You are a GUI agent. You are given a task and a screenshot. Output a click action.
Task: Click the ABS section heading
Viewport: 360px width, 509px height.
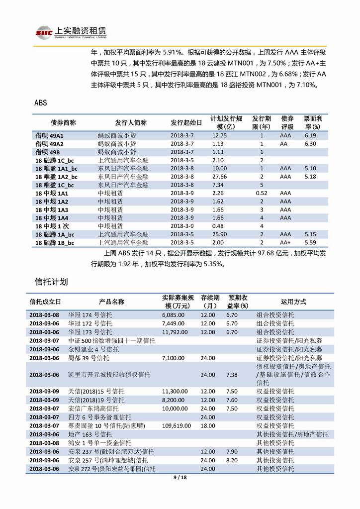[x=41, y=103]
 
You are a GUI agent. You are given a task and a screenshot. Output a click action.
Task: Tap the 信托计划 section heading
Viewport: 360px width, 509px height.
[x=51, y=282]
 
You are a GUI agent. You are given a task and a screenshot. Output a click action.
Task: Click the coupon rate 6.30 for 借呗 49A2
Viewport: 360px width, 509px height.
[x=310, y=143]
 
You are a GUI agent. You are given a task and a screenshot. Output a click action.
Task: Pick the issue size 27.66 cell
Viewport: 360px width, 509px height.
[x=219, y=177]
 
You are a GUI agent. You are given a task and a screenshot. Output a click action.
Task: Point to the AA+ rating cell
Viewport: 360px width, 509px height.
[x=285, y=243]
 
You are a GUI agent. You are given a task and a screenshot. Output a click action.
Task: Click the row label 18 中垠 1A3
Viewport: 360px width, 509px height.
[x=52, y=209]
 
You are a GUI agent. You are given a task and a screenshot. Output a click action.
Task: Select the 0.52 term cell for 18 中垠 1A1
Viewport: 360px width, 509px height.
[x=262, y=193]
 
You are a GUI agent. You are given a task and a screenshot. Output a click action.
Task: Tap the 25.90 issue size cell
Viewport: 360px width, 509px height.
[x=219, y=234]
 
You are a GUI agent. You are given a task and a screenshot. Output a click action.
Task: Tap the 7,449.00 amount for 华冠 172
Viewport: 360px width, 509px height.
[x=174, y=323]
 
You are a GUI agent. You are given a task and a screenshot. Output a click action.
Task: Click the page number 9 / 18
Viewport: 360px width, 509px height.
[x=180, y=478]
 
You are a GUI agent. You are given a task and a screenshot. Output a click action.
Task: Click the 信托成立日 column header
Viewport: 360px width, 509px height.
[x=45, y=302]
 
